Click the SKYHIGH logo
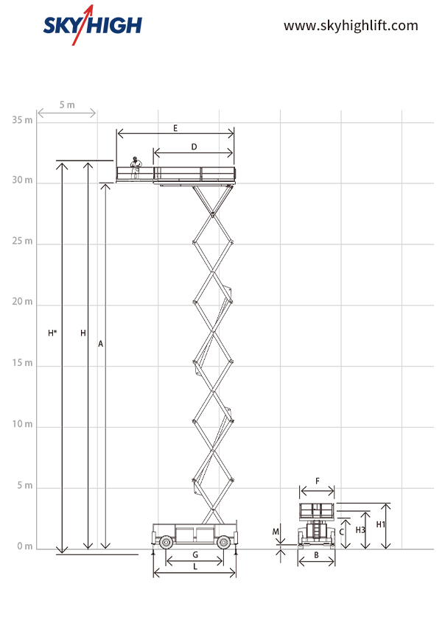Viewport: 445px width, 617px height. coord(93,25)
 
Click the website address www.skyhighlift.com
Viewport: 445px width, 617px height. coord(351,26)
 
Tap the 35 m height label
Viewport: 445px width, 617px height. coord(22,119)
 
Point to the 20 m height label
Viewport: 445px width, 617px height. coord(22,301)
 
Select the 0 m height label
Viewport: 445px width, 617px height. coord(25,546)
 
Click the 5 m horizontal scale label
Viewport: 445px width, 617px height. coord(67,105)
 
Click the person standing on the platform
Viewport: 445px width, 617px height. coord(136,168)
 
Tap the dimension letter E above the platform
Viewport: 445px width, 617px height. coord(175,128)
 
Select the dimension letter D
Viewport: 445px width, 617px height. coord(194,147)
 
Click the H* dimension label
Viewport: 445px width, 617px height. coord(52,333)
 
